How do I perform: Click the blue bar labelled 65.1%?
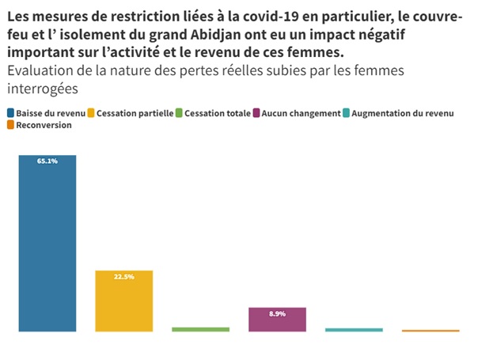(x=47, y=245)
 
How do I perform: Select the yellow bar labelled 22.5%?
(x=124, y=305)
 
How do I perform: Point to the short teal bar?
(x=354, y=330)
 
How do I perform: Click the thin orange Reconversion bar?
(x=430, y=331)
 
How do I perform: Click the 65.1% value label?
(x=47, y=161)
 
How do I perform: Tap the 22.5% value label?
(x=124, y=277)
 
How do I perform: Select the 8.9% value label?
(x=277, y=314)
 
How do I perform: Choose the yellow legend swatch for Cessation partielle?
(x=92, y=114)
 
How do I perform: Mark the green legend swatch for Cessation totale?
(x=180, y=114)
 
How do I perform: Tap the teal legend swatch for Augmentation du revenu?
(x=347, y=114)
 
